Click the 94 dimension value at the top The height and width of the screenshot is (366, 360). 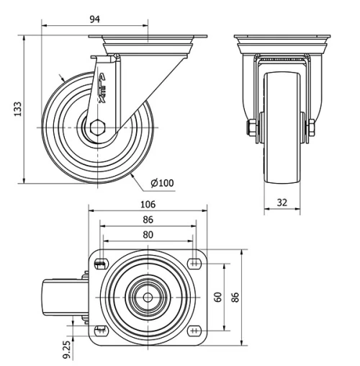94,18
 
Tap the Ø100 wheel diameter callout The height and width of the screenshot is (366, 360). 162,182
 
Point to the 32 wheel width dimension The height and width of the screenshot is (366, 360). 283,202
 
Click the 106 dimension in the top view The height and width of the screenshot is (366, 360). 148,204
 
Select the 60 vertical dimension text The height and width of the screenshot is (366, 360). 217,296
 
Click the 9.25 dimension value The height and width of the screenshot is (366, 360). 66,349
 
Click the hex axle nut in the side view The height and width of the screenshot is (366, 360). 98,128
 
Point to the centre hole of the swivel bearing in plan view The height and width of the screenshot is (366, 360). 148,296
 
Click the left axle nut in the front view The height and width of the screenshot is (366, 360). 250,128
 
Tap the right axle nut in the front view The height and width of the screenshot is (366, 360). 315,128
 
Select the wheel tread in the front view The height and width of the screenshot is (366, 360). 282,144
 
